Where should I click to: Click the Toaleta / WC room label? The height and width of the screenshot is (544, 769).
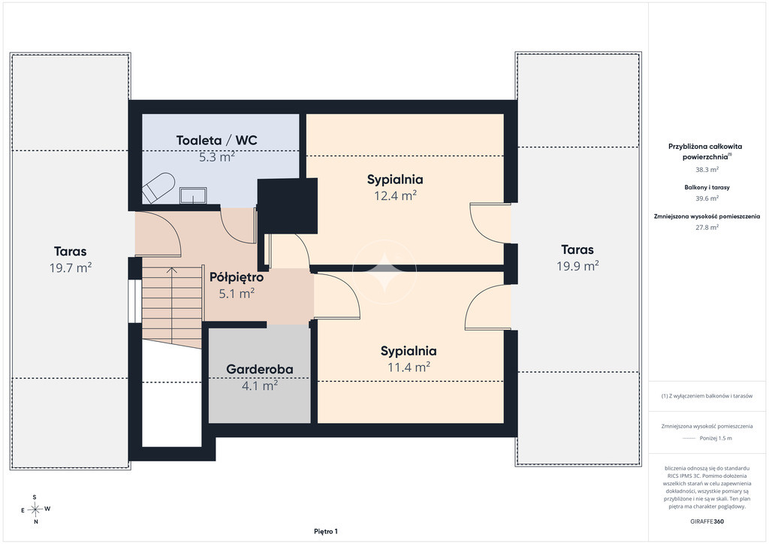[x=216, y=141]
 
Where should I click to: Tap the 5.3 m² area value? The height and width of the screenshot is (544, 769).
[x=216, y=158]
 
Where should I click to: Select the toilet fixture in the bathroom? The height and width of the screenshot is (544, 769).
[x=158, y=187]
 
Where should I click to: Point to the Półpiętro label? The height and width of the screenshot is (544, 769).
[x=237, y=278]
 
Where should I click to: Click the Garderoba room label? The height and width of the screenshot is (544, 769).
[x=259, y=370]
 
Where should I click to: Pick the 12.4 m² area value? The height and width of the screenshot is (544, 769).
[x=395, y=196]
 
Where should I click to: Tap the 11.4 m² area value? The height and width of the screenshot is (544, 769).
[x=409, y=367]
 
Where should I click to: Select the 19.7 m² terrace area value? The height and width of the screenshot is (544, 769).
[x=71, y=267]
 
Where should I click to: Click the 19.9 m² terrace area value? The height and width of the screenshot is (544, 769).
[x=578, y=266]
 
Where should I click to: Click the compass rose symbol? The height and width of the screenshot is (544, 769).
[x=35, y=509]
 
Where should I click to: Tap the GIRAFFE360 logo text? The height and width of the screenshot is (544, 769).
[x=707, y=521]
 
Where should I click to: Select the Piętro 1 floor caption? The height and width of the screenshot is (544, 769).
[x=326, y=531]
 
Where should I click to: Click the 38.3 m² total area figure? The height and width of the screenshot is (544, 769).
[x=707, y=170]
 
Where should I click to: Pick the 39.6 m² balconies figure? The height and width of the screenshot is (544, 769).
[x=707, y=198]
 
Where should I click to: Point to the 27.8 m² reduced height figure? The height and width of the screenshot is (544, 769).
[x=707, y=227]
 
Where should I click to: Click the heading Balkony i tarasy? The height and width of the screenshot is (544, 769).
[x=707, y=187]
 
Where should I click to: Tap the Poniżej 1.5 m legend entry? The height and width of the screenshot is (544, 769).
[x=716, y=439]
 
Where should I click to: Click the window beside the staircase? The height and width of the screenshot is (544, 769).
[x=132, y=301]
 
